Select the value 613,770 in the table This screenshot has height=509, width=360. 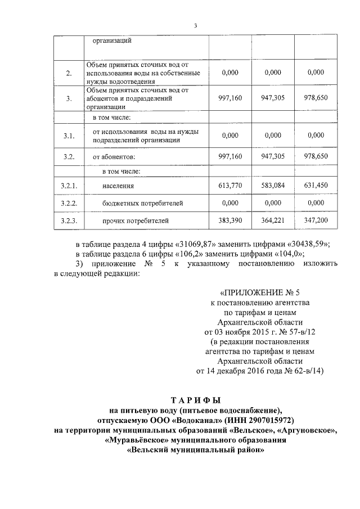[x=229, y=184]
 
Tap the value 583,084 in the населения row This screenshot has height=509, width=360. [x=273, y=184]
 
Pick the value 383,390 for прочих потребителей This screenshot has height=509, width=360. [x=229, y=220]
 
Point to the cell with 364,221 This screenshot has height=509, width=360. [x=273, y=220]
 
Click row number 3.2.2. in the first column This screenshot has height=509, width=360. [x=69, y=202]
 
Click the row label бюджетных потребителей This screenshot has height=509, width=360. [x=134, y=202]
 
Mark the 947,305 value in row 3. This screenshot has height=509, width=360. [x=273, y=97]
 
